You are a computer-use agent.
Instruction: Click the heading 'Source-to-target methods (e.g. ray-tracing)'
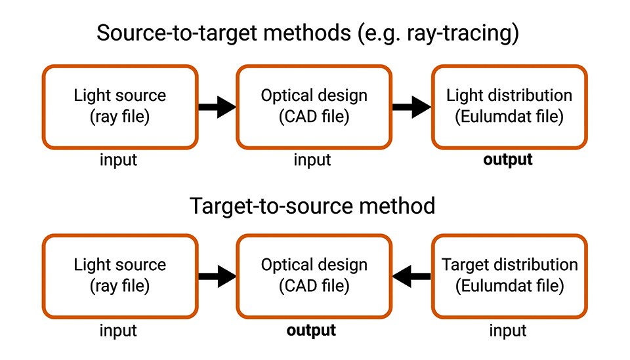308,33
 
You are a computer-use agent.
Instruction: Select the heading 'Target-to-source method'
312,206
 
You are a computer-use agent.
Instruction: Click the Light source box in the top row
119,106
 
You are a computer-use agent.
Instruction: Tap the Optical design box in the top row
314,106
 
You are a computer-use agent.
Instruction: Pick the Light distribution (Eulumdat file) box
509,106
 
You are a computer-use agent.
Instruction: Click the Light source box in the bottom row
119,276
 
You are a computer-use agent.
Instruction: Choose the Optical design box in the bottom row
314,276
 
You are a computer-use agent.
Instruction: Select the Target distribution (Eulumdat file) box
509,276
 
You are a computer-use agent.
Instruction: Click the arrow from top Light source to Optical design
217,107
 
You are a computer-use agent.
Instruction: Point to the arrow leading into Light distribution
411,107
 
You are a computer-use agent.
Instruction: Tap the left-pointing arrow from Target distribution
411,276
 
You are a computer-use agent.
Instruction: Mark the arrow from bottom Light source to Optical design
217,276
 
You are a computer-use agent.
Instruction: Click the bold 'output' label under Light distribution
508,159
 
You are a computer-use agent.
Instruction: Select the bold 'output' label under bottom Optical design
311,330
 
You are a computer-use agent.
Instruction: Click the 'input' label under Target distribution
508,330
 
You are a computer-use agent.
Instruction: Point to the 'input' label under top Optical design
312,159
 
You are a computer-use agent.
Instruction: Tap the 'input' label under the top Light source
118,159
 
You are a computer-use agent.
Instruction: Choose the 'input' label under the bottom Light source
118,330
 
